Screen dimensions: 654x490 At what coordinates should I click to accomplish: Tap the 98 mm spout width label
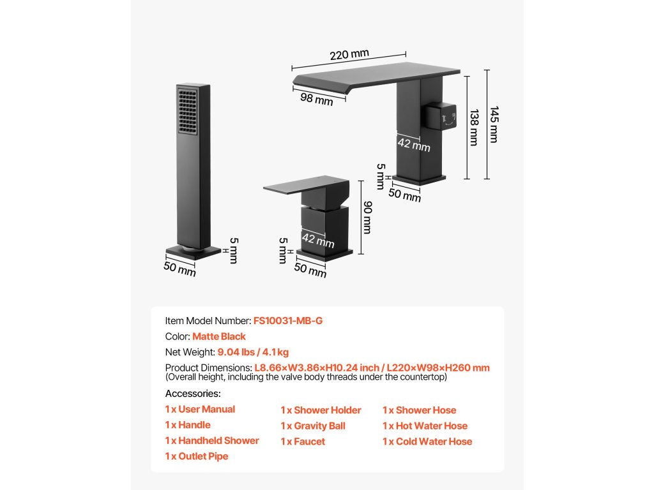click(x=316, y=99)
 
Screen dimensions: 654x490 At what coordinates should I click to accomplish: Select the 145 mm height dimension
click(x=493, y=124)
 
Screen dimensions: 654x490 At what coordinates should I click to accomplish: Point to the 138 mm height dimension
click(x=473, y=128)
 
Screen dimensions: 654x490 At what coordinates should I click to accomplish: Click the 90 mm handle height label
click(x=367, y=218)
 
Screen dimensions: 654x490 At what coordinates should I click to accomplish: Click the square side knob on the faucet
click(x=442, y=117)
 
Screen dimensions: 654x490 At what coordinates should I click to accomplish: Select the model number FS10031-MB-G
click(x=288, y=320)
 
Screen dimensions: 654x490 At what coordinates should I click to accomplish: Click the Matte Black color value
click(x=219, y=336)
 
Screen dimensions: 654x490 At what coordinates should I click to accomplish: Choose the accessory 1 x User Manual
click(x=200, y=410)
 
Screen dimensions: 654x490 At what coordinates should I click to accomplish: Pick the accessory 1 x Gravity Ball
click(x=313, y=426)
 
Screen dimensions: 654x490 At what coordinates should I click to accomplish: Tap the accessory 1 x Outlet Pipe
click(x=197, y=456)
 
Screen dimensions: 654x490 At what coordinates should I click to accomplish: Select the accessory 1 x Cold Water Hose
click(x=427, y=442)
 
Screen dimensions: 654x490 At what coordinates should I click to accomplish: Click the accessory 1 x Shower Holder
click(x=321, y=410)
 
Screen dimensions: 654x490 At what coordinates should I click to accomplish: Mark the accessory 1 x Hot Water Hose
click(x=425, y=426)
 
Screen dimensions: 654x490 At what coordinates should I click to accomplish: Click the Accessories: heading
click(x=193, y=394)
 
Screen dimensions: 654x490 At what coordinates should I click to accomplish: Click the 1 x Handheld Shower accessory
click(x=212, y=441)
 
